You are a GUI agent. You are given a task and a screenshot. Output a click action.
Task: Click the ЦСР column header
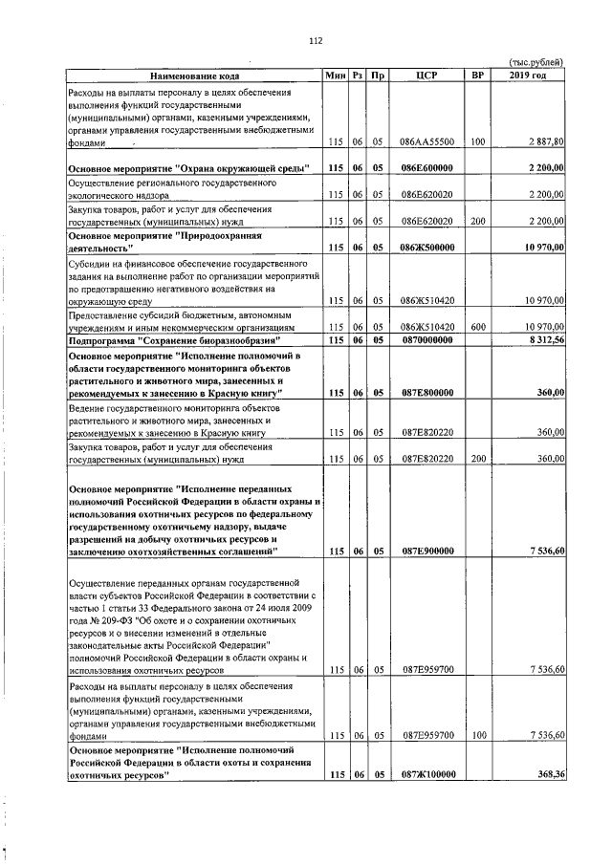427,76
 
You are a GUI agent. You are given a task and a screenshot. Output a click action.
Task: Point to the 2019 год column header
528,76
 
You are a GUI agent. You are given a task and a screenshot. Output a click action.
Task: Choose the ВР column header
477,76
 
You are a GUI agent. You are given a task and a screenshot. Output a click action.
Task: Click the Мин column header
335,76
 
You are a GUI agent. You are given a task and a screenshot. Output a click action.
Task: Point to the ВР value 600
477,327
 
